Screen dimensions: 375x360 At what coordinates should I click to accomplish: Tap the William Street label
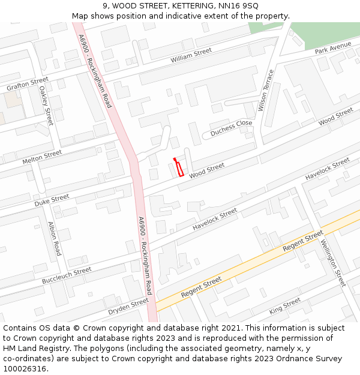click(x=191, y=56)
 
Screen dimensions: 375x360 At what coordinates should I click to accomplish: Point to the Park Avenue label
click(x=333, y=48)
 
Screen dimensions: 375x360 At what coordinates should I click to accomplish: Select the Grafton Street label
click(x=28, y=84)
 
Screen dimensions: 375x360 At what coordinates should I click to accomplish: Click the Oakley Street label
click(x=46, y=105)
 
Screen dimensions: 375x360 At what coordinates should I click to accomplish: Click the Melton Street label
click(x=42, y=157)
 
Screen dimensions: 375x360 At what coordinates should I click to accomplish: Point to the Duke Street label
click(x=52, y=200)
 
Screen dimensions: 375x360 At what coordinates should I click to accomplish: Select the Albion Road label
click(x=55, y=238)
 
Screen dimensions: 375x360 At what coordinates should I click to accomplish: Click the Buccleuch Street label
click(x=67, y=276)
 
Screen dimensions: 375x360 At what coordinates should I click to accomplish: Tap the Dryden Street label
click(x=128, y=307)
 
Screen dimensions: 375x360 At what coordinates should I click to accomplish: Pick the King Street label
click(x=285, y=305)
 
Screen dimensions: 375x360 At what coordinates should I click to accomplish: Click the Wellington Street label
click(x=333, y=263)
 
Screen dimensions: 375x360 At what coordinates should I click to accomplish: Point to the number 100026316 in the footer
click(x=25, y=369)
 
